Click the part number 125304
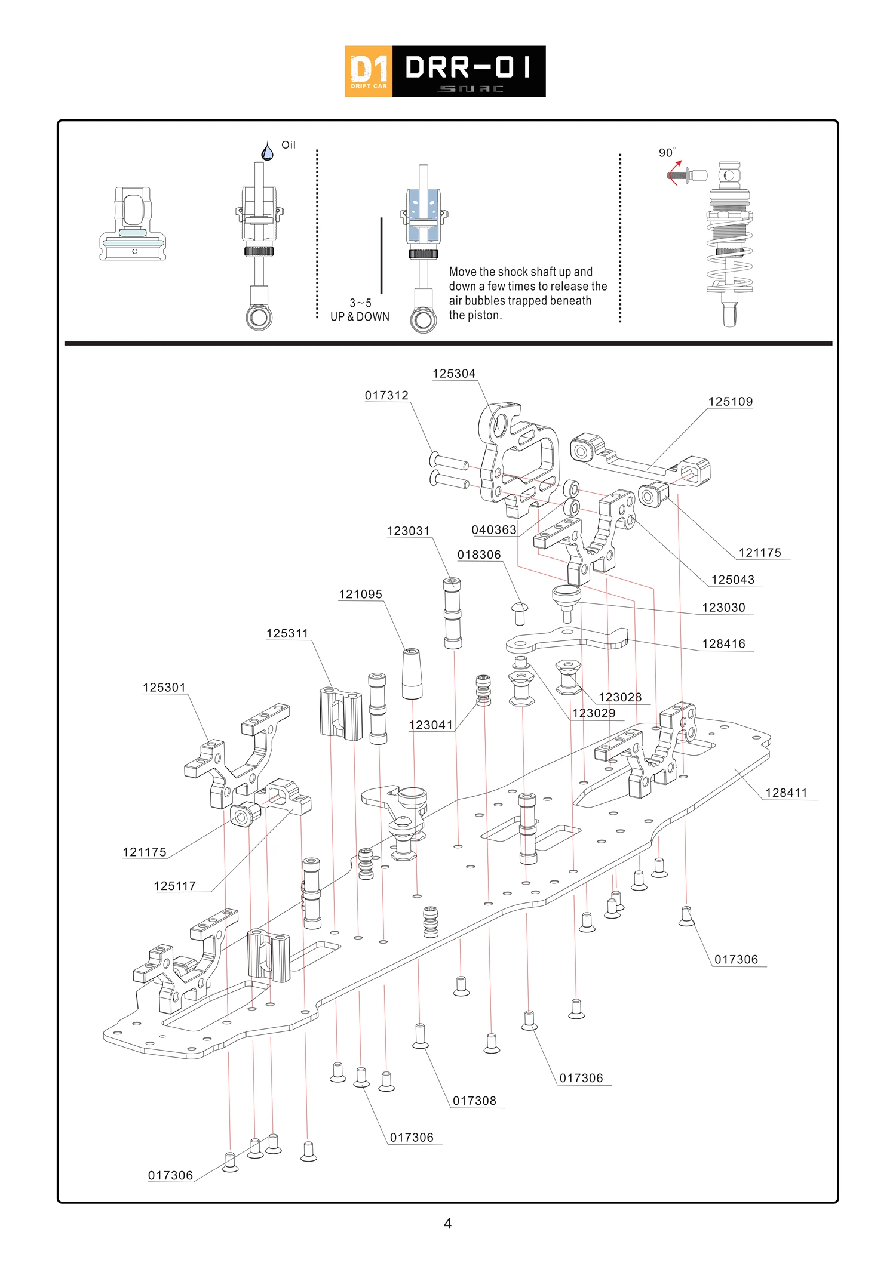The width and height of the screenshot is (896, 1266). coord(454,374)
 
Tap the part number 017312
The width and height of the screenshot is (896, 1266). coord(386,395)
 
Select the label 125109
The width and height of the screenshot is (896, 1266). coord(730,402)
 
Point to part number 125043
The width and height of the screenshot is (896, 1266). coord(732,580)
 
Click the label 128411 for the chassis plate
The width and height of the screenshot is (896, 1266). coord(786,793)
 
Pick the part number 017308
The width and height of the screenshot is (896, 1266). coord(474,1101)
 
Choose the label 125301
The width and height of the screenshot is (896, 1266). coord(164,687)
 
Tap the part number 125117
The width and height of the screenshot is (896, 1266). coord(175,886)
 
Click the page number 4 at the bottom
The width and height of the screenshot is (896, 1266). coord(447,1224)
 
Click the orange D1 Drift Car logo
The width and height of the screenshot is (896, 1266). coord(369,72)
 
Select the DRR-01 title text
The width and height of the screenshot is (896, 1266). coord(468,67)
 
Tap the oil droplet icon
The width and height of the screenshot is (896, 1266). coord(267,152)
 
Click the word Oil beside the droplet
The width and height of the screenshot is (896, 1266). coord(289,145)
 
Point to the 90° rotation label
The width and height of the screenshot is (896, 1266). coord(667,153)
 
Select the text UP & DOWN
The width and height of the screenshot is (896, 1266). coord(360,317)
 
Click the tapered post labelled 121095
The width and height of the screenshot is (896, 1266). coord(412,673)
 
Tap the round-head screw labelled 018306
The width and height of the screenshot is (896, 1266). coord(520,613)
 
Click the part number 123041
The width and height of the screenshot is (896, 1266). coord(431,725)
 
